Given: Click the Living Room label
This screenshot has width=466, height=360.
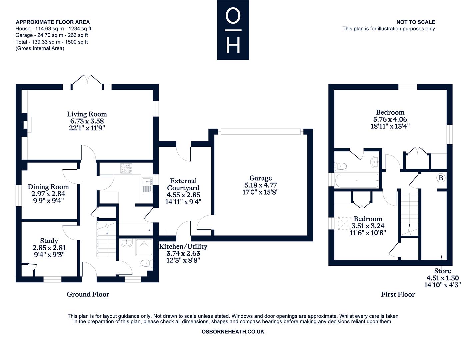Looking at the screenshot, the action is [87, 114].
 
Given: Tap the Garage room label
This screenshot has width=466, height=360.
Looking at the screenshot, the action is [261, 178].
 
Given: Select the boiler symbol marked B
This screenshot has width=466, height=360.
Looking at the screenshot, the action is [441, 178].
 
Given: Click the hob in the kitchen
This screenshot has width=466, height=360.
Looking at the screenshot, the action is [126, 168].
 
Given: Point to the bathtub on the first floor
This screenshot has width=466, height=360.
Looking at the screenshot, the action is [357, 181].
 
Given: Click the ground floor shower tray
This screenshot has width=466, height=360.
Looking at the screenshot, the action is [144, 248].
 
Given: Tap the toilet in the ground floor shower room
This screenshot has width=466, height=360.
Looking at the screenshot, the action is [147, 263].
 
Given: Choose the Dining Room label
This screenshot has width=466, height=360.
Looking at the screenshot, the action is [48, 187].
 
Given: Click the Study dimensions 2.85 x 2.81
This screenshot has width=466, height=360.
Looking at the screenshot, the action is [49, 248].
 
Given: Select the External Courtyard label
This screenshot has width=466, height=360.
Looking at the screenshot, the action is [183, 184].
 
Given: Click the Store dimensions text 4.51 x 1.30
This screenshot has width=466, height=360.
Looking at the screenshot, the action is [443, 278].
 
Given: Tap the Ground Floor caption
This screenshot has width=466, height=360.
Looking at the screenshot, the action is [88, 294].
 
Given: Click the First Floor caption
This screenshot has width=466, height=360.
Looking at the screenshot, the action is [398, 294].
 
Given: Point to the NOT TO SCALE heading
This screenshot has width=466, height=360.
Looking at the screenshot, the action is [416, 22].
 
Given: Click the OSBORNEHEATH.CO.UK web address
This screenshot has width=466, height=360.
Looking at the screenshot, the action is [233, 332].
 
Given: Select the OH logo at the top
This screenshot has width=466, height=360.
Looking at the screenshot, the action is [233, 30].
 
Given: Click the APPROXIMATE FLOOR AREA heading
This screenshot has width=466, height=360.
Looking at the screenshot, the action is [53, 22].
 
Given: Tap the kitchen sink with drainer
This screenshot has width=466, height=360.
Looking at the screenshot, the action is [147, 185].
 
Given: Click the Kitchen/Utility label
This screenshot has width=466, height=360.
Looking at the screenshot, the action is [183, 247].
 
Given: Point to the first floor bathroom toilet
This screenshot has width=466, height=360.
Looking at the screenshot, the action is [341, 166].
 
